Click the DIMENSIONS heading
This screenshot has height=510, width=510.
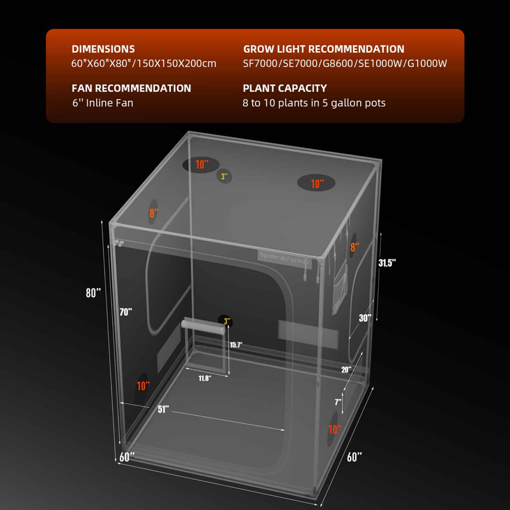click(x=103, y=49)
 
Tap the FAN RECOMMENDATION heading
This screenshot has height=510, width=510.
click(x=131, y=88)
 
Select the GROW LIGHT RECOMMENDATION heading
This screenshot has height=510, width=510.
click(x=324, y=49)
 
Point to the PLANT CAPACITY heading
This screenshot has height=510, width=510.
click(x=285, y=88)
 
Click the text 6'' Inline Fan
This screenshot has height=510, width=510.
click(x=103, y=103)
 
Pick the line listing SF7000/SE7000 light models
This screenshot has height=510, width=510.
click(x=346, y=64)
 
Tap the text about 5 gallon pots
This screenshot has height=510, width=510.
click(x=314, y=103)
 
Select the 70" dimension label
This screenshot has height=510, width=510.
click(x=126, y=312)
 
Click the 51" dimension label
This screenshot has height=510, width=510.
click(x=163, y=409)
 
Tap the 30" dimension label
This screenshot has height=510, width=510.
click(x=365, y=318)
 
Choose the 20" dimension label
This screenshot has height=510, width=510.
click(x=346, y=369)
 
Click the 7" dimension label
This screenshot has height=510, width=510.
click(x=339, y=402)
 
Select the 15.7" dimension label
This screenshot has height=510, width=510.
click(x=236, y=345)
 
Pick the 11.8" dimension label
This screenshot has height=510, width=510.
click(x=204, y=377)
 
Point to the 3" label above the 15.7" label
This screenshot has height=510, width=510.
click(x=226, y=321)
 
